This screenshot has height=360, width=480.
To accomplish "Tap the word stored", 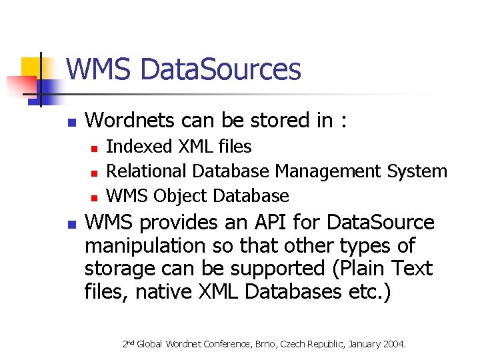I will pyautogui.click(x=280, y=120).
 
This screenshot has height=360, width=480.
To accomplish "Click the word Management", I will pyautogui.click(x=329, y=171).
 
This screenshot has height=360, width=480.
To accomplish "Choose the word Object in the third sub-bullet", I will pyautogui.click(x=181, y=196).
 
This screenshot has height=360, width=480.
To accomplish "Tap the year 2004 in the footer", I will pyautogui.click(x=392, y=344).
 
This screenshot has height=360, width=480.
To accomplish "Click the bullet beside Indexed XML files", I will pyautogui.click(x=95, y=147).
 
